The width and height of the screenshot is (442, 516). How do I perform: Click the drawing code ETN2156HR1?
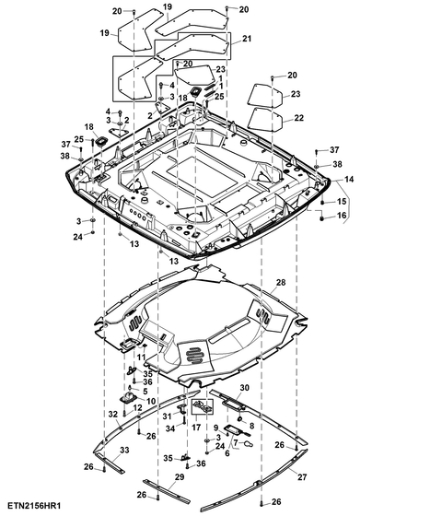35,505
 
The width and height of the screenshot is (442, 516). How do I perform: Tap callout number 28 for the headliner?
281,282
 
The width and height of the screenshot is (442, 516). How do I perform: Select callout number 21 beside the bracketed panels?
247,39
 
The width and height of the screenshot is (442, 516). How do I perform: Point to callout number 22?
298,118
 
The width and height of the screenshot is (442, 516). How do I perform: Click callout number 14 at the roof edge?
349,179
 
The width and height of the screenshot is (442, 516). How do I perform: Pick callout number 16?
342,216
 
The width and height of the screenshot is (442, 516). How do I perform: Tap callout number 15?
342,201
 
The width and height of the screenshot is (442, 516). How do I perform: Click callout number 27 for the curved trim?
302,477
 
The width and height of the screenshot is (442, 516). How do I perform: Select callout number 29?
180,477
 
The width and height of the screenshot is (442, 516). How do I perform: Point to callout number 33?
124,450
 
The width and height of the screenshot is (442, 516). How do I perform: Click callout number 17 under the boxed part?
196,428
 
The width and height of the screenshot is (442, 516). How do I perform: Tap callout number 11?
141,358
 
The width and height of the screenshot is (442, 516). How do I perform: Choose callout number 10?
151,401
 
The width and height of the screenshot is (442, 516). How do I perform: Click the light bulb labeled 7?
249,444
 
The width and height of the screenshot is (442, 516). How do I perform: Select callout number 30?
244,388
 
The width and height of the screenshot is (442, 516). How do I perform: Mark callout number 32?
112,414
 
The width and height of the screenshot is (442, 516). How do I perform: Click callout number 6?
227,453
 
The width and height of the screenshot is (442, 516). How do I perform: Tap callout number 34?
170,428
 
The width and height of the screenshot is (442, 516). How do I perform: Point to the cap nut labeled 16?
322,217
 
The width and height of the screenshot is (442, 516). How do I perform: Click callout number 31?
167,416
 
